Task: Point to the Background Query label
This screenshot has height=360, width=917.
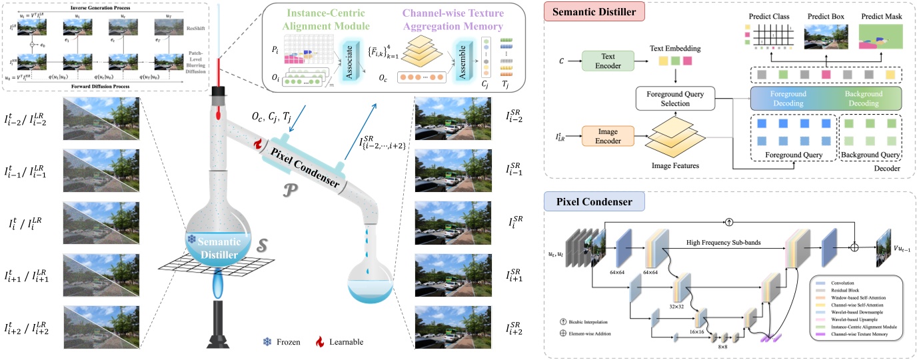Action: [870, 155]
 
